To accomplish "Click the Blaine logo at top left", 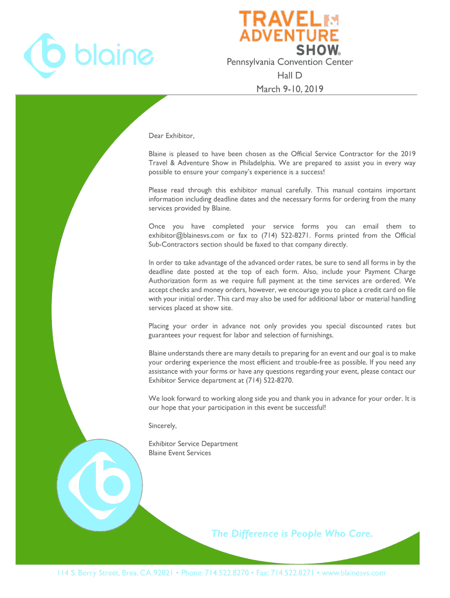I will tap(88, 56).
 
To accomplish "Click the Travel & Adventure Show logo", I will tap(289, 33).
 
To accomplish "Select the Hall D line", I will tap(289, 76).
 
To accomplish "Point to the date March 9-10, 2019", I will tap(289, 89).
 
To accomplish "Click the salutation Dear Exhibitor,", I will tap(171, 136).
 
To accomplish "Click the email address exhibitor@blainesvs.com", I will tap(186, 235).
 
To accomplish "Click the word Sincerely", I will tap(162, 426).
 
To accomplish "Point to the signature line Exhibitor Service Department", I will tap(193, 444).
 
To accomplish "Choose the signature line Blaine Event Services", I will tap(179, 453).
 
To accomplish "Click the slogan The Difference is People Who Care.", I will tap(292, 533).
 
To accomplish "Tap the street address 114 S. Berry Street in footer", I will tap(88, 573).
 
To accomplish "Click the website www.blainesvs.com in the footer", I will tap(354, 573).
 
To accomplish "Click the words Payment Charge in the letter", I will tap(393, 272).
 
